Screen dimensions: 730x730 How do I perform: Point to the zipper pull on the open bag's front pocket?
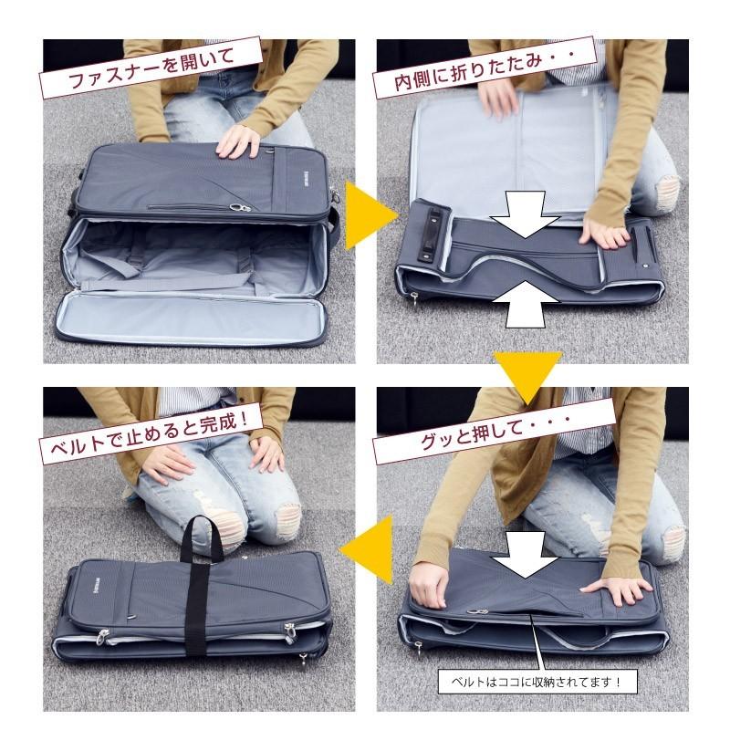tap(241, 208)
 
